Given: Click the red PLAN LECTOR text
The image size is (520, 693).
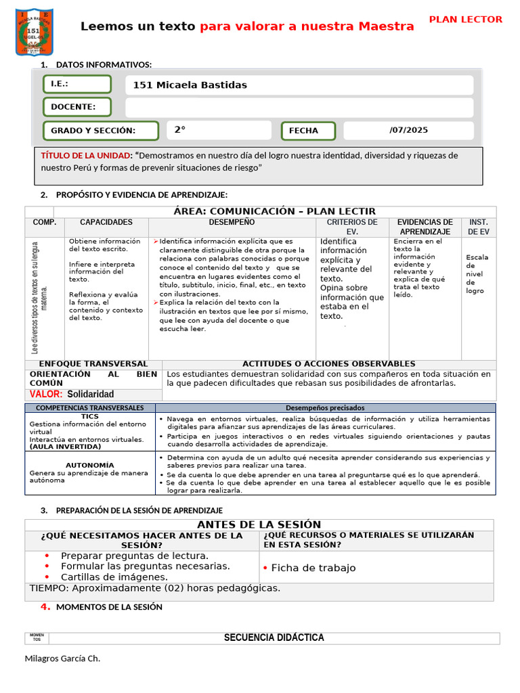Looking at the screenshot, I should tap(466, 20).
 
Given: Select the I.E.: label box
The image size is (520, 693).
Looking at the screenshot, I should tap(77, 85).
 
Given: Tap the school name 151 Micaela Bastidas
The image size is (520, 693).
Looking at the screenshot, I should tap(190, 85).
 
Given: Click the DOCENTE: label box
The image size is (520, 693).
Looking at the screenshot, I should tap(77, 107).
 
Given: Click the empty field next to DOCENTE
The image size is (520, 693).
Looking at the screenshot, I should tap(299, 108).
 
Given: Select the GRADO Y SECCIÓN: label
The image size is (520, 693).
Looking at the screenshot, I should tap(101, 131).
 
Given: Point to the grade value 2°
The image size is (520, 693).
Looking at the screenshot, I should tap(179, 130).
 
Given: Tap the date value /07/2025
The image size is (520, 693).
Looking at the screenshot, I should tap(408, 130).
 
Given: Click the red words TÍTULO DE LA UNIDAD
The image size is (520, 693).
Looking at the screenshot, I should tap(86, 156).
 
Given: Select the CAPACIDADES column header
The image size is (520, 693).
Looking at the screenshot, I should tap(106, 222).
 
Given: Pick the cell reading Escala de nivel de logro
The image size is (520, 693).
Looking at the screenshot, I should tap(477, 273).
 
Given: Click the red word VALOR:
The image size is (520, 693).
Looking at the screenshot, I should tap(46, 394).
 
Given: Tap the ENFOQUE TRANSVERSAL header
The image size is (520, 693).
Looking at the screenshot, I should tap(93, 364).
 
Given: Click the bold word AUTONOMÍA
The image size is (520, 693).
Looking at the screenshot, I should tap(90, 466).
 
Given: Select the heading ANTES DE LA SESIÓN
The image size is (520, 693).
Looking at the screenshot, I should tap(259, 524).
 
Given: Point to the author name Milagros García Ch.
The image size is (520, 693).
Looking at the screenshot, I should tap(62, 658).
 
